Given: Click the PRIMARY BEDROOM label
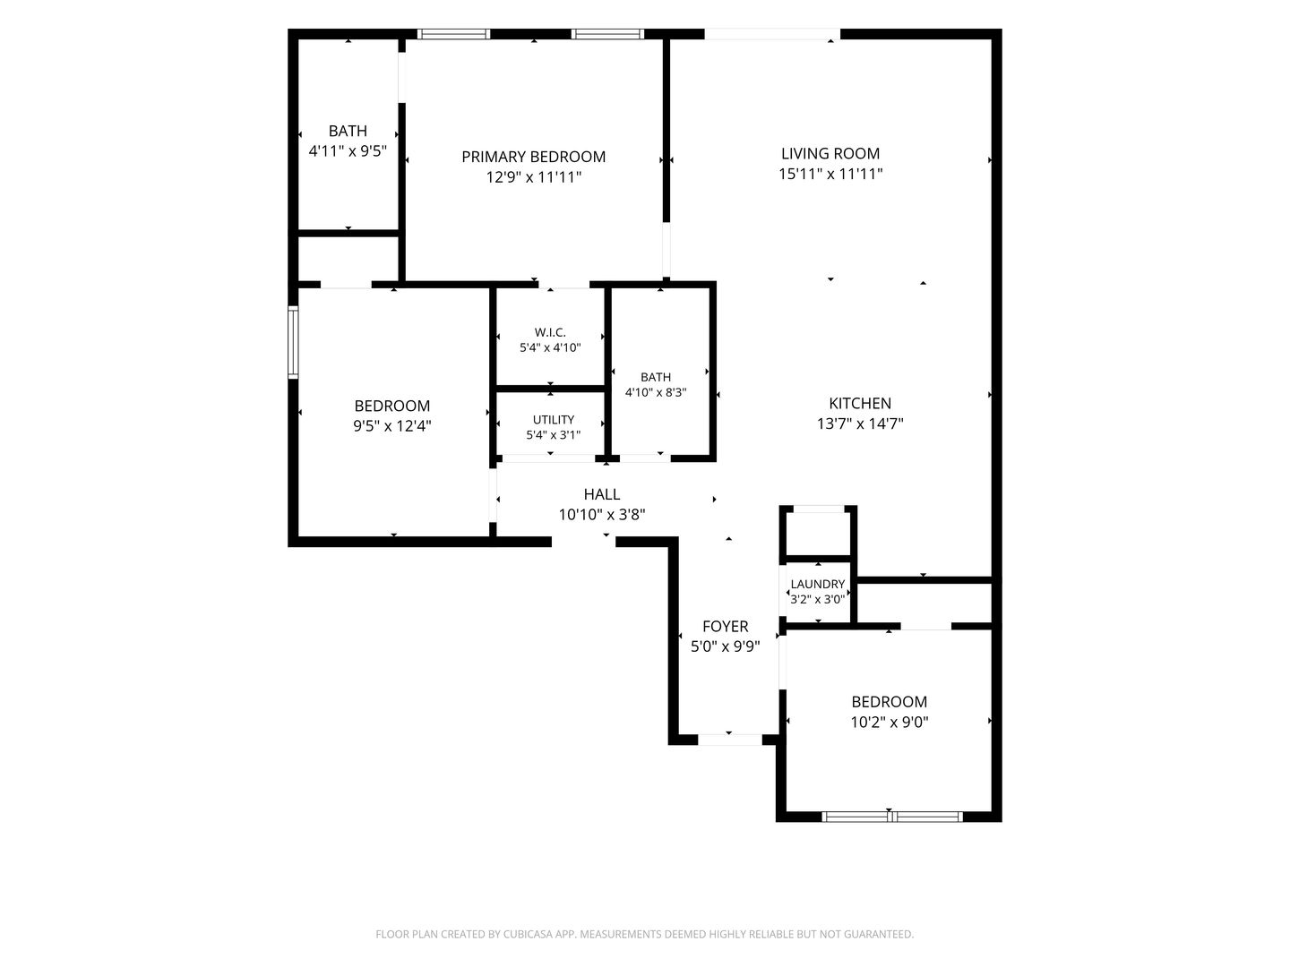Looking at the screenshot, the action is click(533, 157).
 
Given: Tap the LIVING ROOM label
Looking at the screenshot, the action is click(830, 154).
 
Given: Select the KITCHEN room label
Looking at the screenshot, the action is click(860, 403).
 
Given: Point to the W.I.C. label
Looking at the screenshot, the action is click(550, 332).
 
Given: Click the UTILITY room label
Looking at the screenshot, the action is click(553, 420).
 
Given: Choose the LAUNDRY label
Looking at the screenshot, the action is click(818, 584).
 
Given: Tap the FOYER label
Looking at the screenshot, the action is click(726, 627).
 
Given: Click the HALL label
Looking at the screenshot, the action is click(602, 494).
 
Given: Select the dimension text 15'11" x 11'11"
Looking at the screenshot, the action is click(830, 174).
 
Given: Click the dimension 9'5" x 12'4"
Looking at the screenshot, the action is click(392, 425).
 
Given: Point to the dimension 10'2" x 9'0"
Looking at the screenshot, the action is click(890, 722).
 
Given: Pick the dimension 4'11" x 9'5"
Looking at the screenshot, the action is click(348, 151).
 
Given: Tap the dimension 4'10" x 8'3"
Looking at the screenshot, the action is click(656, 392).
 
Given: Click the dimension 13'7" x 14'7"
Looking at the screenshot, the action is click(860, 424).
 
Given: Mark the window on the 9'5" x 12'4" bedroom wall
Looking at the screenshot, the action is click(293, 342).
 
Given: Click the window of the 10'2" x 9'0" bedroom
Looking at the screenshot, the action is click(891, 816).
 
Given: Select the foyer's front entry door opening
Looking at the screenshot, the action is click(729, 740).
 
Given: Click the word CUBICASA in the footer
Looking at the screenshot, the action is click(528, 934).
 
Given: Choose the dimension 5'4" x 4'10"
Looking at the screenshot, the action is click(550, 347).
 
